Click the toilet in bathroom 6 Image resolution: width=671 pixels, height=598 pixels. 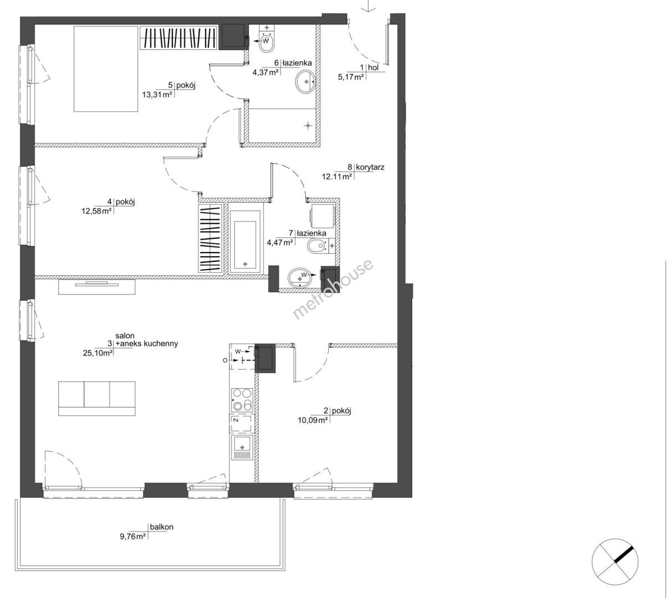[x=267, y=39]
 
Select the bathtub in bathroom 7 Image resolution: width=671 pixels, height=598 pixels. [x=245, y=238]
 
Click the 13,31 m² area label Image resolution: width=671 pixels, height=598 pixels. [x=157, y=95]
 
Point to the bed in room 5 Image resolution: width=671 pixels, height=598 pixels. [x=105, y=69]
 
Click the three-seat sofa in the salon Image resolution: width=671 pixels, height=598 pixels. [x=97, y=398]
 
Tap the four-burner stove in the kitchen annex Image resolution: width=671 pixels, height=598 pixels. [x=242, y=400]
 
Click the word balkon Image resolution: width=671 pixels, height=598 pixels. [x=162, y=527]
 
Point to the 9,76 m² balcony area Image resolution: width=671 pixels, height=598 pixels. [x=133, y=537]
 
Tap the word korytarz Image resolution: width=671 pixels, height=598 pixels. [x=370, y=167]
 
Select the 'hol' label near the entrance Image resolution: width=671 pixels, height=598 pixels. [x=373, y=68]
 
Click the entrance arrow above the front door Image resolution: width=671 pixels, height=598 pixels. [x=369, y=6]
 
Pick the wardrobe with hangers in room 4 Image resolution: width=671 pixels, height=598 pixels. [x=210, y=239]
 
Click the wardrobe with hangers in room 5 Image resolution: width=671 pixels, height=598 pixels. [x=178, y=38]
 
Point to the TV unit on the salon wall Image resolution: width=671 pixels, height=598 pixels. [x=97, y=287]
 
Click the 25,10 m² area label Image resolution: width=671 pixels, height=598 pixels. [x=98, y=353]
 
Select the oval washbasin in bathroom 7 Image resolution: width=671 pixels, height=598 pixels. [x=300, y=279]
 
